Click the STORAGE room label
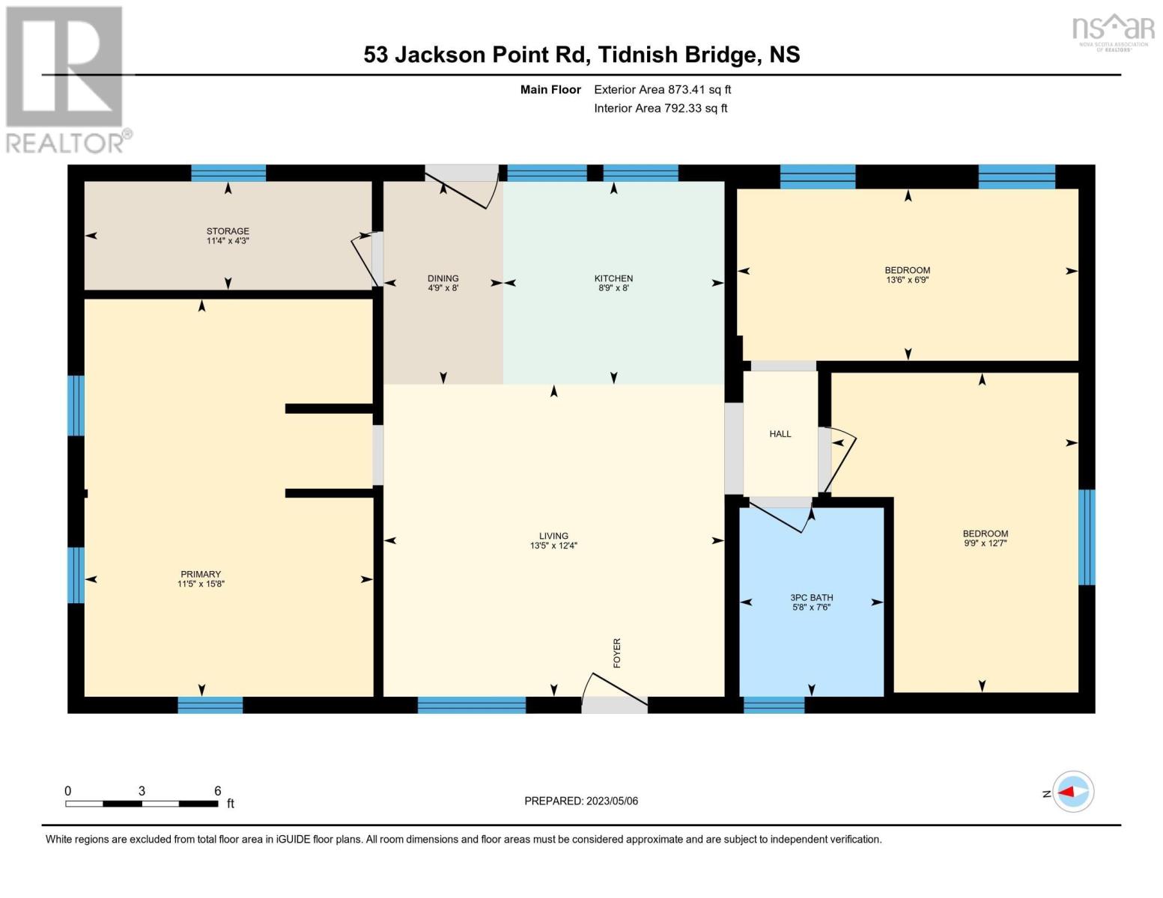[x=228, y=231]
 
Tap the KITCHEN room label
[x=613, y=278]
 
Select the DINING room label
[x=443, y=278]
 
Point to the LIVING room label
[x=553, y=536]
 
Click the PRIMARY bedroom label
[x=201, y=574]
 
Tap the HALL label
[x=780, y=434]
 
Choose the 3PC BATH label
[x=812, y=597]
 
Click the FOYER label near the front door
[x=617, y=653]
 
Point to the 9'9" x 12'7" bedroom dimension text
[x=985, y=543]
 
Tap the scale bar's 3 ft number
[x=142, y=791]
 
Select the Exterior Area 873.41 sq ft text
[x=662, y=90]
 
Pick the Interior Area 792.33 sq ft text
[x=661, y=109]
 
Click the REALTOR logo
[x=66, y=79]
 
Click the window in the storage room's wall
[x=228, y=173]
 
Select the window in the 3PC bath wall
[x=774, y=705]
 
